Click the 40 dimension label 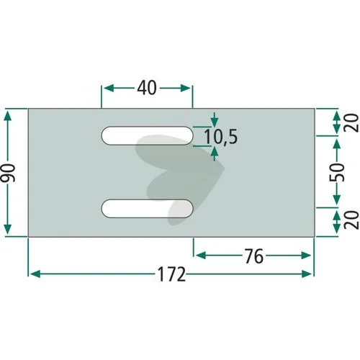coord(147,88)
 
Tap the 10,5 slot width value coord(220,137)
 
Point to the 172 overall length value coord(171,274)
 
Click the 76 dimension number coord(254,256)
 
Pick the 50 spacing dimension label coord(337,172)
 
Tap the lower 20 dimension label coord(351,220)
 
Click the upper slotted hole coord(147,135)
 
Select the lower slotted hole coord(147,209)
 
